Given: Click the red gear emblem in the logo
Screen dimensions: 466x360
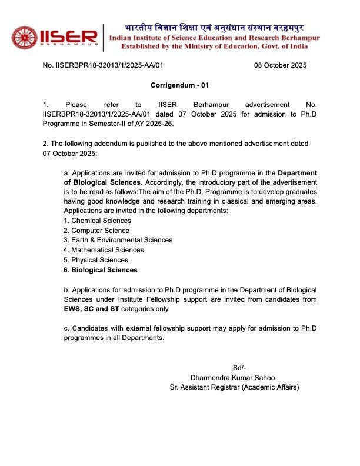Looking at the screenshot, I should coord(24,37).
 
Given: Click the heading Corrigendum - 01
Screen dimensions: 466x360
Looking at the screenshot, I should coord(179,85).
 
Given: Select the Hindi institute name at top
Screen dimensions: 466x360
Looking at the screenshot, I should coord(222,28).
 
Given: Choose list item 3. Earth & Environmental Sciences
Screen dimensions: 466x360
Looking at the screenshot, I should coord(118,240).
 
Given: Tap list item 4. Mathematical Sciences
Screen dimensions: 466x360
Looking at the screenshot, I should coord(104,250).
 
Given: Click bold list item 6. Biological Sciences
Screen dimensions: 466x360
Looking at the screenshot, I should coord(100,270).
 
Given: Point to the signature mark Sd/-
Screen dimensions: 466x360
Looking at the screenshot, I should coord(239,368).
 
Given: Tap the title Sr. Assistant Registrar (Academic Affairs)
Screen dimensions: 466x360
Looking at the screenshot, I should coord(234,387).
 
